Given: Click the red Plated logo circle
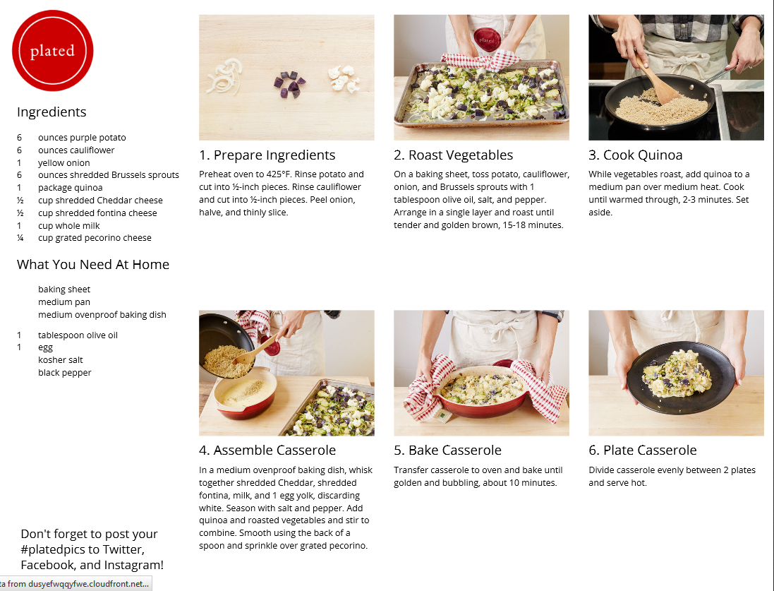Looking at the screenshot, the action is click(x=52, y=50).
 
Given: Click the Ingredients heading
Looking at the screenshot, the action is click(x=52, y=112).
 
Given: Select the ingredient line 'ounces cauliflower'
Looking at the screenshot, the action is click(x=76, y=150).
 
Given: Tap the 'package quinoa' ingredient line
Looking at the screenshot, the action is click(x=70, y=188).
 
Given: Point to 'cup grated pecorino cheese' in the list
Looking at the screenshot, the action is click(x=95, y=238).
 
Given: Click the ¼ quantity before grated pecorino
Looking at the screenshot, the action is click(x=20, y=238).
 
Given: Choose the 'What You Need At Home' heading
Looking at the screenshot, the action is click(x=93, y=264).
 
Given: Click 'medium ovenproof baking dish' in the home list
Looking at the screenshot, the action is click(x=102, y=315).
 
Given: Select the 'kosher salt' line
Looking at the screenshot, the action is click(x=60, y=359).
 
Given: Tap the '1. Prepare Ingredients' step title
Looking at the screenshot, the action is click(x=267, y=155).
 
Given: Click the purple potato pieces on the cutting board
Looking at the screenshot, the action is click(x=289, y=84).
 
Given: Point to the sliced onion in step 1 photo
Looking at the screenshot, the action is click(x=225, y=76).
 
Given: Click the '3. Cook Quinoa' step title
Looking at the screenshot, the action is click(x=635, y=155).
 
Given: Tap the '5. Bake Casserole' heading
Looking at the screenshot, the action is click(x=447, y=450).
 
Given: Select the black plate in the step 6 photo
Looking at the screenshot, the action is click(x=681, y=377).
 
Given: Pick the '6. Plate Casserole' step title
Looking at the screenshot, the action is click(x=642, y=450).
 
